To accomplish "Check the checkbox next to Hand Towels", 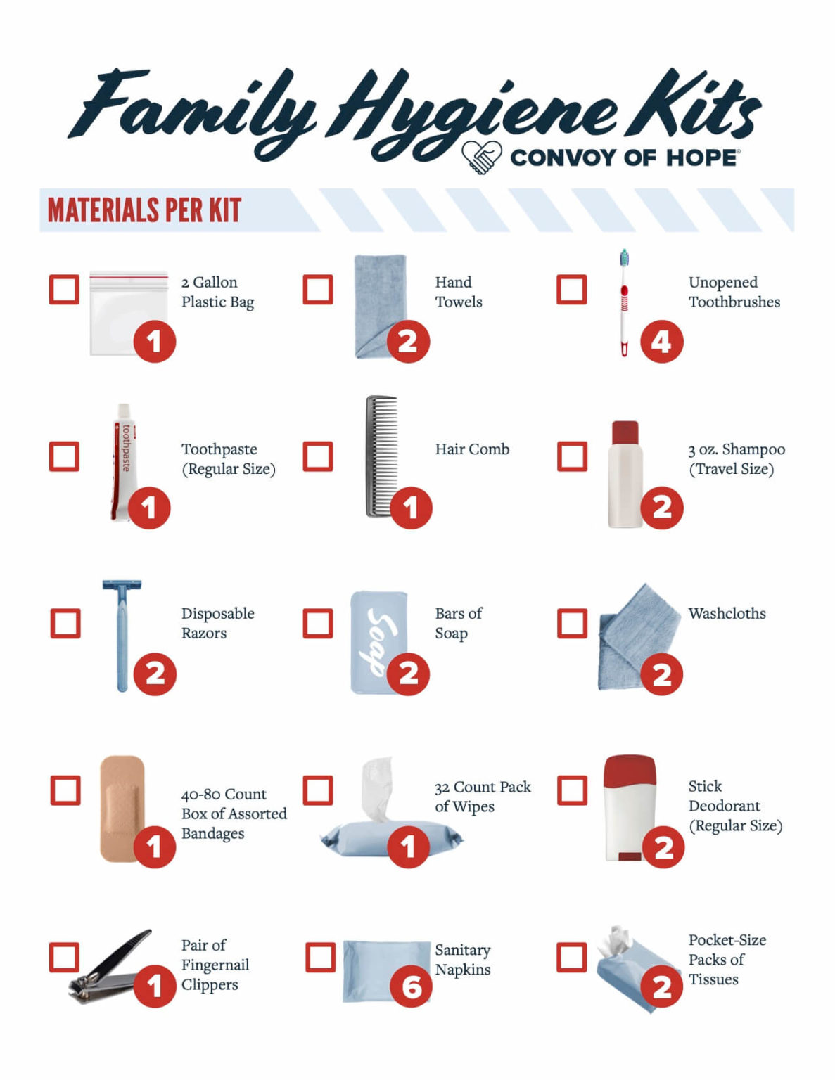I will click(x=317, y=290).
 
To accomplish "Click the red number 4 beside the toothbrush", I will click(x=661, y=342).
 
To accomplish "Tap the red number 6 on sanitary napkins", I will click(x=411, y=986).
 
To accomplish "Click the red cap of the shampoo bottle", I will click(x=625, y=432).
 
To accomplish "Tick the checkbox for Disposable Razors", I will click(x=65, y=624).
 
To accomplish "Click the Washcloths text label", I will click(x=727, y=614).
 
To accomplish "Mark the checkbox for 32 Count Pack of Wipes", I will click(x=317, y=790).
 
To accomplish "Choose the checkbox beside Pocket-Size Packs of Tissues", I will click(x=571, y=958).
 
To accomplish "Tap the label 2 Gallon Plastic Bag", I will click(x=217, y=292).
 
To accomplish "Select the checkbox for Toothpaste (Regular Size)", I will click(x=64, y=457).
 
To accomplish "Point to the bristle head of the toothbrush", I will click(x=623, y=258).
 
